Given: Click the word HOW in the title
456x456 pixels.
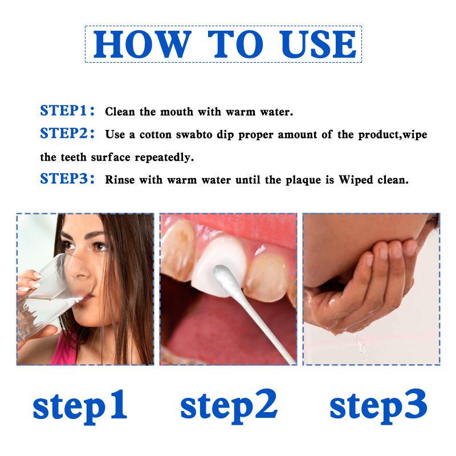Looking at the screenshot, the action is point(142,44).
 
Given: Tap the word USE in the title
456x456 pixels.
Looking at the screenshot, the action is point(317,44).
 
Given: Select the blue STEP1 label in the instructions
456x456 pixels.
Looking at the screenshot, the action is point(67,111).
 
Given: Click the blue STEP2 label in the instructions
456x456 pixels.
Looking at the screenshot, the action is point(67,133).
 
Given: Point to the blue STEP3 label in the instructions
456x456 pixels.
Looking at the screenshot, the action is point(67,178).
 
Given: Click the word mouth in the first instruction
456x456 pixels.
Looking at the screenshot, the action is point(177,112).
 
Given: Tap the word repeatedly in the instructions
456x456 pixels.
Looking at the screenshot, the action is point(164,157).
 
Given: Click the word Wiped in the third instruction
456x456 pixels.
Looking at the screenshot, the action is point(356,180).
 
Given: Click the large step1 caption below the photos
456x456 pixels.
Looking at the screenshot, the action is point(79,406).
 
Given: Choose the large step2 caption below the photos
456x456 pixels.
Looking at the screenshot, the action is point(229,406).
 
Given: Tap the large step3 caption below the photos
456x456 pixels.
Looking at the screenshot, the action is point(378,406).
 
